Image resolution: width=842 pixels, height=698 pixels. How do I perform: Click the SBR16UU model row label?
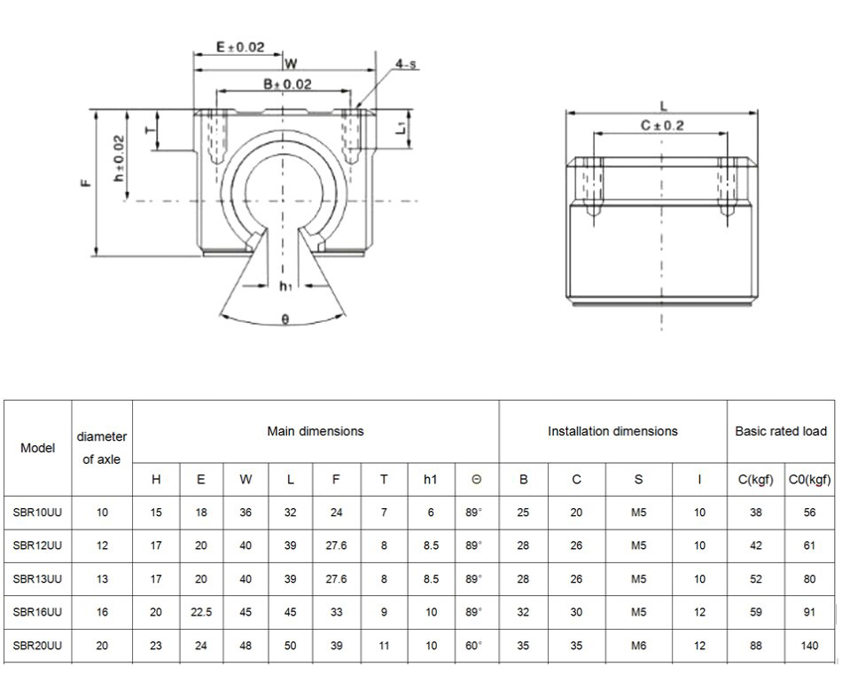click(x=37, y=612)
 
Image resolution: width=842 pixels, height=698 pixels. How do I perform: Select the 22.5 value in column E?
click(x=201, y=612)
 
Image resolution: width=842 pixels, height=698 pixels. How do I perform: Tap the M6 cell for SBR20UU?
click(x=638, y=646)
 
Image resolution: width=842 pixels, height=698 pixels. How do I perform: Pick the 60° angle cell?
click(x=474, y=646)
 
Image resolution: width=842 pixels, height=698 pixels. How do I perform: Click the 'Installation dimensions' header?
click(x=612, y=431)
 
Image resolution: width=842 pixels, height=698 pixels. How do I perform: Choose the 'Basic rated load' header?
click(x=781, y=431)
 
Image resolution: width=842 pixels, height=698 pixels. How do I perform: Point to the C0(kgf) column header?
click(x=809, y=480)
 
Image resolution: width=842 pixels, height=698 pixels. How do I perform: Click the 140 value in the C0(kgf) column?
click(x=809, y=646)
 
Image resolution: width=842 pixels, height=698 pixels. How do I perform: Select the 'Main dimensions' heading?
click(x=316, y=431)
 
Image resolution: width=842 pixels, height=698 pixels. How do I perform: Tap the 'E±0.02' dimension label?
click(x=240, y=48)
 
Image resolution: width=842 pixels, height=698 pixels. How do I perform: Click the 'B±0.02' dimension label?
click(x=288, y=84)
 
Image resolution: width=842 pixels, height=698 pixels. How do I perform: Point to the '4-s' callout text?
click(x=407, y=64)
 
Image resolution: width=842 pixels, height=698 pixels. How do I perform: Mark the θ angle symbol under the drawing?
click(x=285, y=319)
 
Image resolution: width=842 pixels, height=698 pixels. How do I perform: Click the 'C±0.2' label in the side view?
click(x=662, y=126)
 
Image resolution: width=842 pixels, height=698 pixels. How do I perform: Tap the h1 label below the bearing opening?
click(x=285, y=286)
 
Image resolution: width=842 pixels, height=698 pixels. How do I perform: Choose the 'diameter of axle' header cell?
click(x=102, y=447)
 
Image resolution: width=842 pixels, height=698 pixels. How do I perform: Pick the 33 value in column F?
click(x=336, y=612)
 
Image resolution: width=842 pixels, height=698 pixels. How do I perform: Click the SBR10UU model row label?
click(x=37, y=512)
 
